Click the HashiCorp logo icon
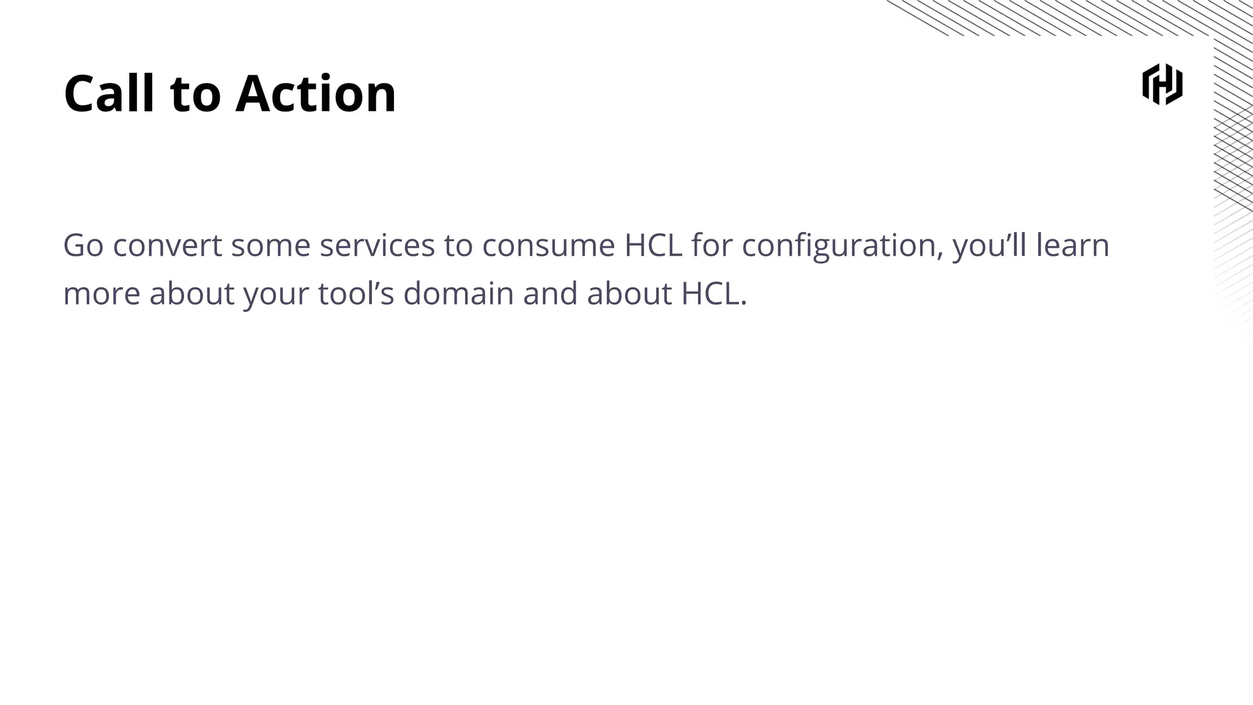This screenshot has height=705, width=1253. click(x=1162, y=84)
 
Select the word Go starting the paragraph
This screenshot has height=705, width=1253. click(x=83, y=245)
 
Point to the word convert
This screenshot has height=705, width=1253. click(x=167, y=245)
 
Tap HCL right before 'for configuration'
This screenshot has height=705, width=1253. click(x=653, y=245)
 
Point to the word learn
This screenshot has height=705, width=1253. click(x=1073, y=245)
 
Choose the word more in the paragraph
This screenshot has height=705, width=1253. click(x=102, y=294)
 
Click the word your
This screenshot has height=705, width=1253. click(x=276, y=295)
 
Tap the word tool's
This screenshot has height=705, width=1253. click(x=356, y=294)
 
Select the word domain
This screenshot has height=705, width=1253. click(x=458, y=294)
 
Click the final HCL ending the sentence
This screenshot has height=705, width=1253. click(x=713, y=294)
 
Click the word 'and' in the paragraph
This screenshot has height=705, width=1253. click(x=550, y=294)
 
